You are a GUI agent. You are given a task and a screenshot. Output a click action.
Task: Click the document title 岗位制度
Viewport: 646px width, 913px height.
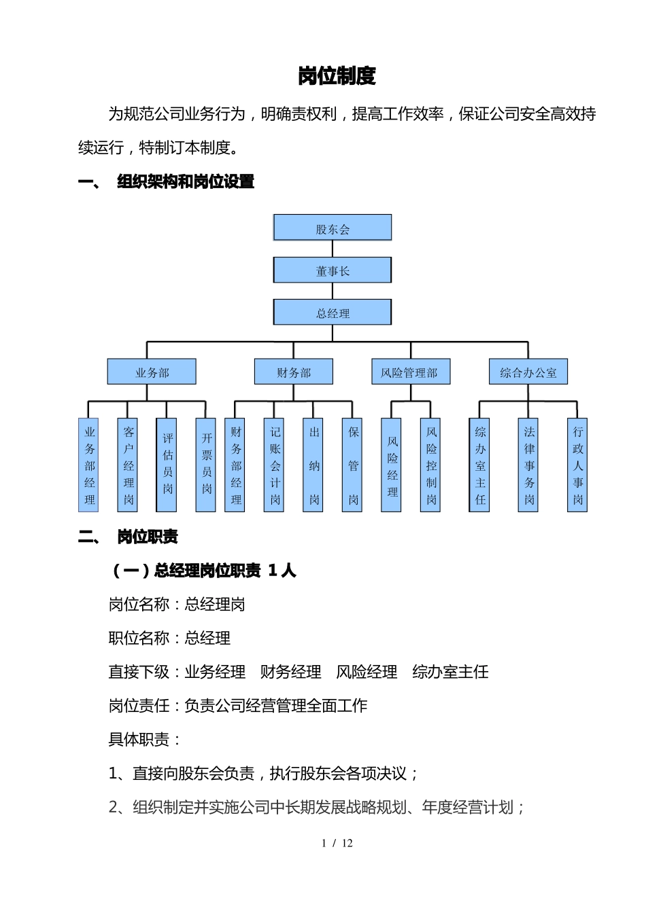click(337, 76)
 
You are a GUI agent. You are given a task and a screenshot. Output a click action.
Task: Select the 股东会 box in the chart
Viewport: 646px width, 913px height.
click(333, 228)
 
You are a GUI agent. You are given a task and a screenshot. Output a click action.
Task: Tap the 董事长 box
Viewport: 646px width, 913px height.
click(333, 270)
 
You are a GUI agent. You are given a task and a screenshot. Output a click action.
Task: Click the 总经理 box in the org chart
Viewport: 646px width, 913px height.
click(333, 312)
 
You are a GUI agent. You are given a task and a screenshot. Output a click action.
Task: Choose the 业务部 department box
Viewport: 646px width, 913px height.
click(152, 372)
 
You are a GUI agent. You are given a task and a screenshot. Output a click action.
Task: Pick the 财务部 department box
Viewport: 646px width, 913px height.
click(294, 372)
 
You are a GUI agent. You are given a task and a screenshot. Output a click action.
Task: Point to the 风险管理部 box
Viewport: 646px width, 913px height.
click(410, 372)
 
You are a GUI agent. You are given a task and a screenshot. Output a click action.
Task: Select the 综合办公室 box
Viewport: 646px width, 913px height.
click(528, 372)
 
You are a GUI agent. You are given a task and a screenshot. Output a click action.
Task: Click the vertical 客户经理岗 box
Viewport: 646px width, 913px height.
click(129, 465)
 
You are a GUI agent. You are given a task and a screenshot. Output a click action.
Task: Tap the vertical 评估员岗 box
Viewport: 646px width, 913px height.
click(167, 465)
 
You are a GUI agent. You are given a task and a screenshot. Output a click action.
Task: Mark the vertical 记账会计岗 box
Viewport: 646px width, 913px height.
click(275, 465)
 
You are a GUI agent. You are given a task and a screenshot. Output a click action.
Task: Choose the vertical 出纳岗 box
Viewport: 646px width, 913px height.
click(314, 465)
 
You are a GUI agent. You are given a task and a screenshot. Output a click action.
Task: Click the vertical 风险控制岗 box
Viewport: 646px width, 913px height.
click(431, 465)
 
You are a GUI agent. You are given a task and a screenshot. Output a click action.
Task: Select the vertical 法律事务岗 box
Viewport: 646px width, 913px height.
click(529, 465)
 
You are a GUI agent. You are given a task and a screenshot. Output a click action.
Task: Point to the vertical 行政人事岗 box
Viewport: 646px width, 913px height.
click(577, 465)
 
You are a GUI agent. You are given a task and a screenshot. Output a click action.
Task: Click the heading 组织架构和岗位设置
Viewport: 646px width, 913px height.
click(186, 181)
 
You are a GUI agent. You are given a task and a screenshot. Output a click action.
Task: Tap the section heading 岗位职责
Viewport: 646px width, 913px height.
click(148, 537)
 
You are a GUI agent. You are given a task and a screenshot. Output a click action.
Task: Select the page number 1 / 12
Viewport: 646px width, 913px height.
click(337, 843)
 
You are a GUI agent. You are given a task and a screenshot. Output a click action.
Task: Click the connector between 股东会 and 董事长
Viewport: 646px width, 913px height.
click(333, 249)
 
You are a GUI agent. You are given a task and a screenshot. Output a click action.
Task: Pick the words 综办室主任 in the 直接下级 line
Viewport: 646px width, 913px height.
click(450, 672)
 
